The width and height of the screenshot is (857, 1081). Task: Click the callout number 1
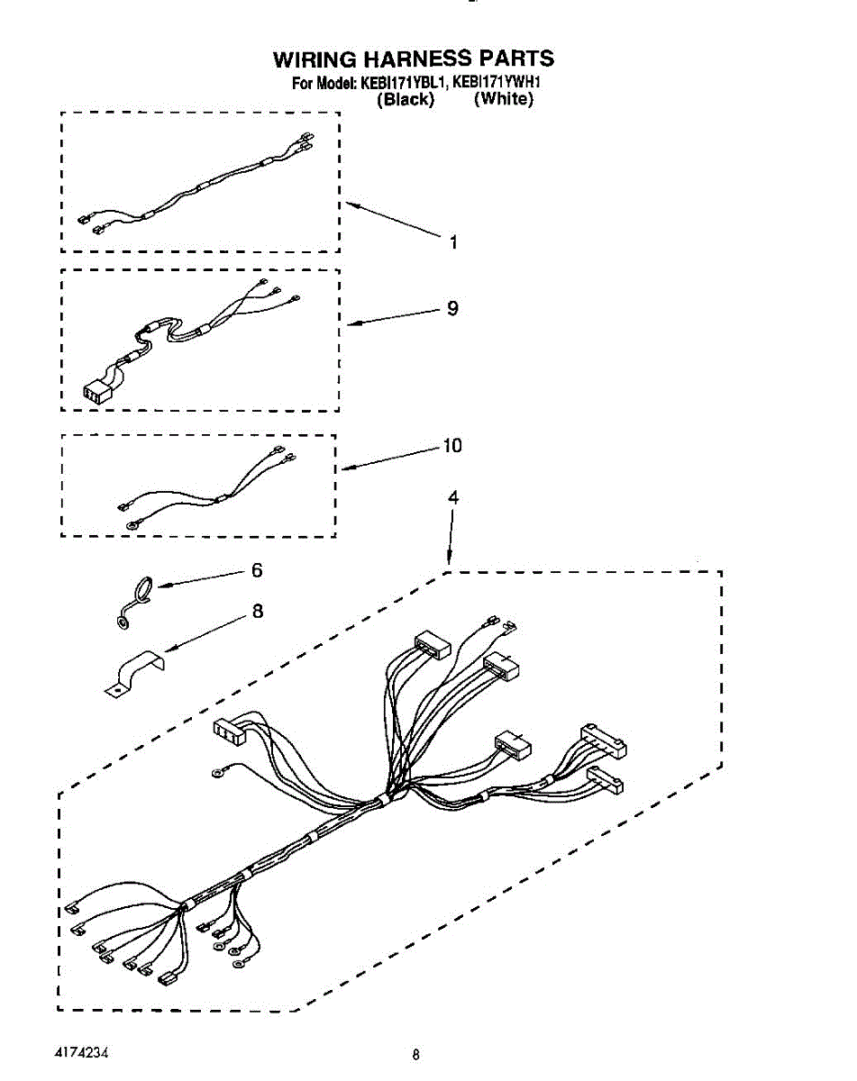click(453, 241)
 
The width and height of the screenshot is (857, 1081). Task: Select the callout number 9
click(452, 308)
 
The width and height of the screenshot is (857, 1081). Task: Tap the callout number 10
click(451, 445)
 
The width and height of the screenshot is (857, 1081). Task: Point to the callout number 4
click(453, 496)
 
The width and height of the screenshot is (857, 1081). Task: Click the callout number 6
click(257, 570)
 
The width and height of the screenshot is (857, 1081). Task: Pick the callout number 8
click(258, 611)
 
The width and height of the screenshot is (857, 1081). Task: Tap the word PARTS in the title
click(515, 59)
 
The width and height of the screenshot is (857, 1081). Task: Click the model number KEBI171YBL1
click(404, 83)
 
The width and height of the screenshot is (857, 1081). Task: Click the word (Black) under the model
click(405, 99)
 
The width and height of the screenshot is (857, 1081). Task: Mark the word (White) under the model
click(504, 99)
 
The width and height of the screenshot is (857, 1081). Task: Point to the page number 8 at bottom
click(415, 1054)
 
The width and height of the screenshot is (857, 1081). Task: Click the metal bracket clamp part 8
click(132, 676)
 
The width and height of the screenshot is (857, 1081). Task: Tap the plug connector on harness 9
click(96, 393)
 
